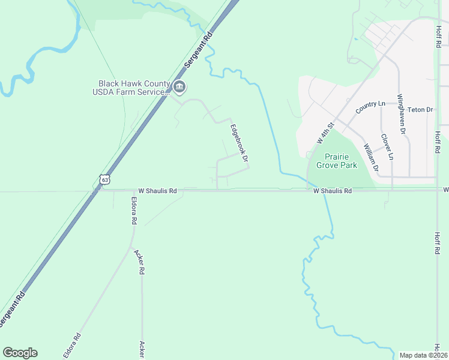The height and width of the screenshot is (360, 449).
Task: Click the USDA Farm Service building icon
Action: [x=179, y=88]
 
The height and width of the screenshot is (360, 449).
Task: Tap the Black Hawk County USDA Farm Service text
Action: [x=131, y=88]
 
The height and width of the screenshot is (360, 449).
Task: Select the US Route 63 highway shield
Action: [x=105, y=179]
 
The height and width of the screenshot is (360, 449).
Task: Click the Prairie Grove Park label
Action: [x=336, y=161]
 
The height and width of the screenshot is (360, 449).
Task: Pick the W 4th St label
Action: [x=325, y=133]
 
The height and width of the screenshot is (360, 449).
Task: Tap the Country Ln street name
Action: [x=370, y=108]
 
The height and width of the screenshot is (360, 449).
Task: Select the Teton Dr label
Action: [x=420, y=110]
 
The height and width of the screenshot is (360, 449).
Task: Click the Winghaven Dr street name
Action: [x=402, y=113]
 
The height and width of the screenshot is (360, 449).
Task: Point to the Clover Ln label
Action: [x=387, y=146]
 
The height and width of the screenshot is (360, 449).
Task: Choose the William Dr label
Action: [x=370, y=158]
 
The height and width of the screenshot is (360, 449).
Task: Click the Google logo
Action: [x=20, y=353]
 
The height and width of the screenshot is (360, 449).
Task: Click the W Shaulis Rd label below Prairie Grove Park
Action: [x=332, y=191]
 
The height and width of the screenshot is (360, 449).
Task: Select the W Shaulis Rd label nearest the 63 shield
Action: [x=157, y=191]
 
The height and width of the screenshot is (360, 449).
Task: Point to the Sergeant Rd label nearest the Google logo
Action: [x=13, y=308]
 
